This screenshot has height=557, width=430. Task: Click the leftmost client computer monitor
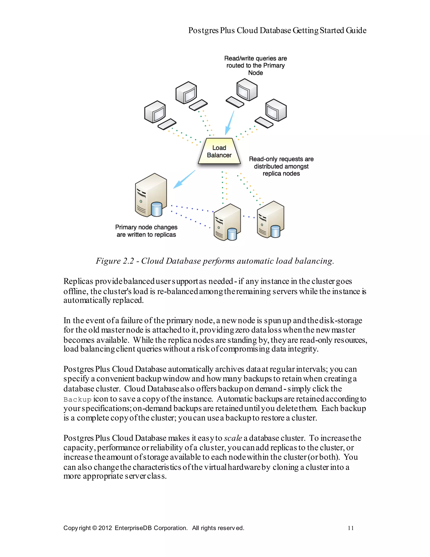155,112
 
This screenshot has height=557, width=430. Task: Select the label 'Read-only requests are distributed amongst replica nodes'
281,166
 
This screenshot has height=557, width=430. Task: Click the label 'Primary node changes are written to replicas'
146,231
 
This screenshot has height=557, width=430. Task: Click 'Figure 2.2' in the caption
115,261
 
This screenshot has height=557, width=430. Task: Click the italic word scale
233,438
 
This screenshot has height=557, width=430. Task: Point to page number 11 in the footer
351,528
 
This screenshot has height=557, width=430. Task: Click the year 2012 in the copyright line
105,528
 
